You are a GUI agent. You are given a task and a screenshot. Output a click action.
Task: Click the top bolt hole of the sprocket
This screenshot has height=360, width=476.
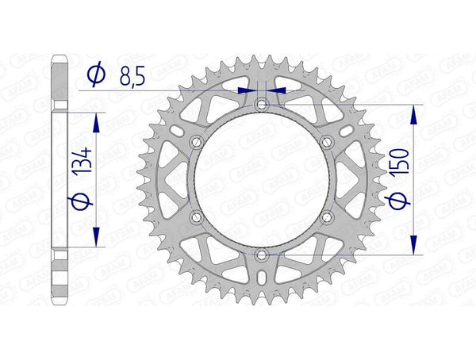(262, 104)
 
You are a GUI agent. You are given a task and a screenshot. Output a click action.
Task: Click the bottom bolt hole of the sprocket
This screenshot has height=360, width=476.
(262, 255)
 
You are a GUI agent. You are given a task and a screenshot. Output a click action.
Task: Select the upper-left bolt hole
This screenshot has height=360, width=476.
(196, 141)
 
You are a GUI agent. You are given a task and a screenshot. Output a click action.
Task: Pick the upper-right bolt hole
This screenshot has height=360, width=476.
(328, 141)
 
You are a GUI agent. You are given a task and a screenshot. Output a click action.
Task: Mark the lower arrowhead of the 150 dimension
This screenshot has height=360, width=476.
(413, 247)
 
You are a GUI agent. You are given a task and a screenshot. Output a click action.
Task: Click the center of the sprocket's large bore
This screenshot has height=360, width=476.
(262, 179)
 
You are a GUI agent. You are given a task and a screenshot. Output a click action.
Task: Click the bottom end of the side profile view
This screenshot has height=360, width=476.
(59, 304)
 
